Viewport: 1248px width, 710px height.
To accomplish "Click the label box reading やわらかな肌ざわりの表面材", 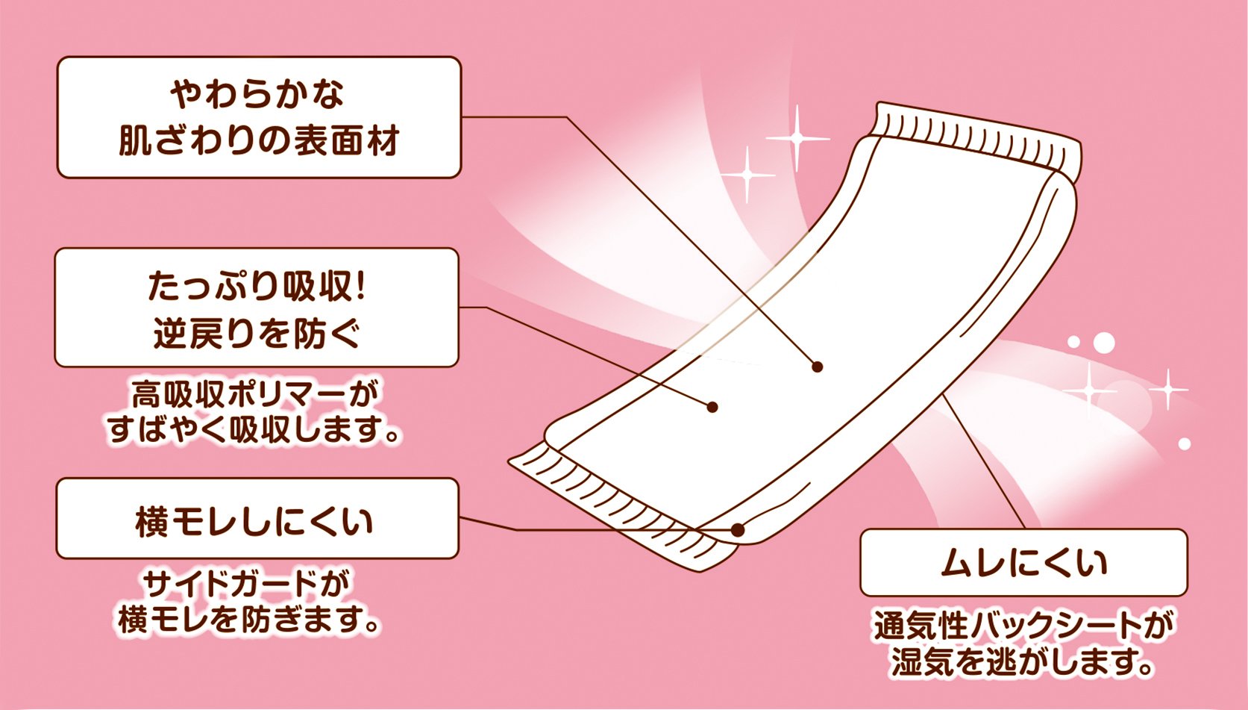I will coord(259,117).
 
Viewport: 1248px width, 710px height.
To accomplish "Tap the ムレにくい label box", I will coord(1023,562).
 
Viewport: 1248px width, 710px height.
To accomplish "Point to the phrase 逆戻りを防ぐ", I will coord(257,334).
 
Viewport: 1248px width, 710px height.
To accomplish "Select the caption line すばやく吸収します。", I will coord(254,430).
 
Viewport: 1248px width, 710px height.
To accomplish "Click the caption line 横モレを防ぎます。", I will coord(250,620).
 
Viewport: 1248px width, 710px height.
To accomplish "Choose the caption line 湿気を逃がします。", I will coord(1023,661).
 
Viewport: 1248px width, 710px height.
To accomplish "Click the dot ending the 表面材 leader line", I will coord(818,367).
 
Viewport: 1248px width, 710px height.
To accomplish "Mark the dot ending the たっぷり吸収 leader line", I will coord(712,407).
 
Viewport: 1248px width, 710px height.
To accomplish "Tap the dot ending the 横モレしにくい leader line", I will coord(738,530).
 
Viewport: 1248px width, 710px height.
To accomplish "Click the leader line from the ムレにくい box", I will coord(985,463).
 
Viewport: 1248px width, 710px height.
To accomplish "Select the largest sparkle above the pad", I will coord(797,139).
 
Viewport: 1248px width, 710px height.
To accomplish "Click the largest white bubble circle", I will coord(1104,343).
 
